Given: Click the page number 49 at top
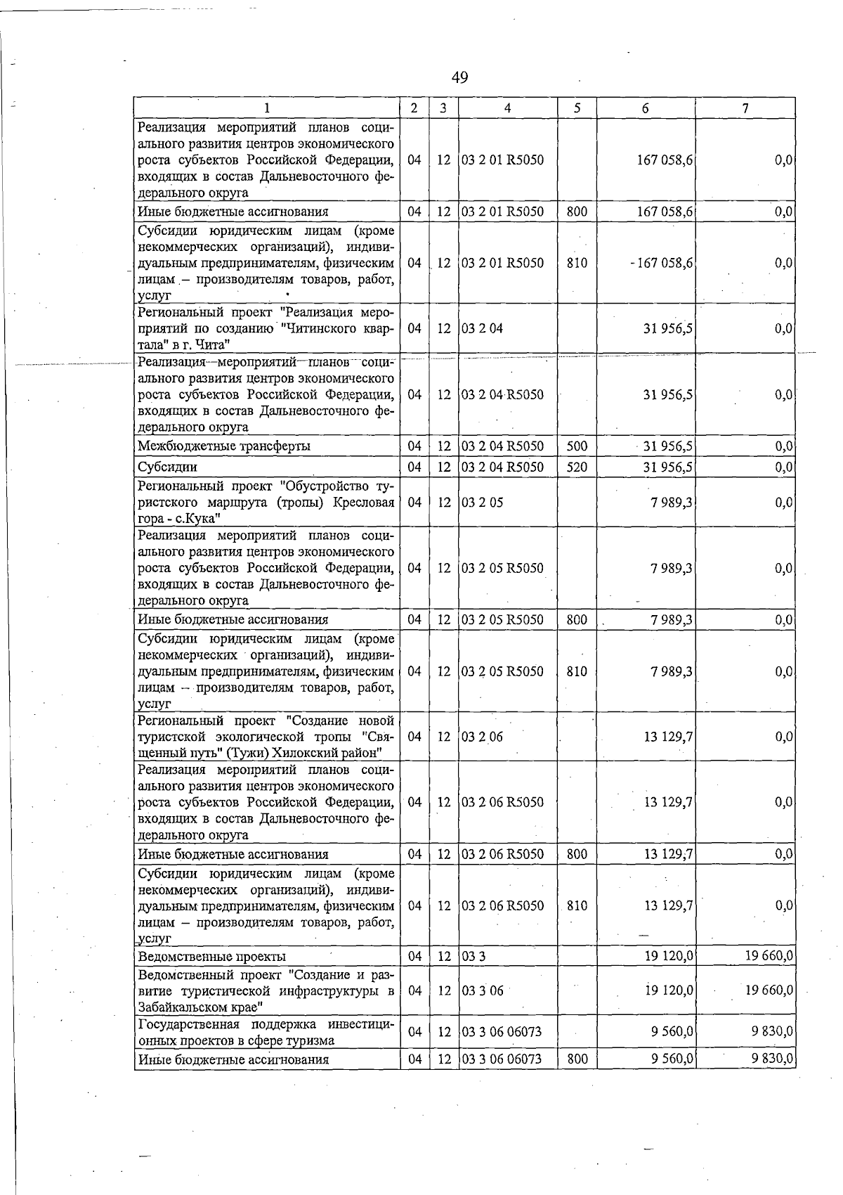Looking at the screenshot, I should coord(460,77).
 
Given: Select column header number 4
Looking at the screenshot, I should coord(507,108).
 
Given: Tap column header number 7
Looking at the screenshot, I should coord(745,108).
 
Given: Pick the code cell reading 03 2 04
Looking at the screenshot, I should coord(482,328).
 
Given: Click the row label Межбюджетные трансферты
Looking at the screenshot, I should coord(224,446).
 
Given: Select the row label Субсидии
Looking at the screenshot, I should coord(167,467).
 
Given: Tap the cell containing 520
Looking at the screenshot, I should coord(577,467).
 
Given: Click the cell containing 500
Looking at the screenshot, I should coord(577,446).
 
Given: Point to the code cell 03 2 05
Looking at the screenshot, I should coord(482,503).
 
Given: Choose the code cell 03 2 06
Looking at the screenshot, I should coord(482,737).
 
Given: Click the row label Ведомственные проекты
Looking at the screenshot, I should coord(211,957).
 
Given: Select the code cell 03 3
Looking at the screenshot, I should coord(473,957).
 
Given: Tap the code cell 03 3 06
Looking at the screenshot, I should coord(482,990).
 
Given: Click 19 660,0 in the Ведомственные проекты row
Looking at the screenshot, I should coord(769,957).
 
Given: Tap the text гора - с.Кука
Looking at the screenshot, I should coord(179,519).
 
